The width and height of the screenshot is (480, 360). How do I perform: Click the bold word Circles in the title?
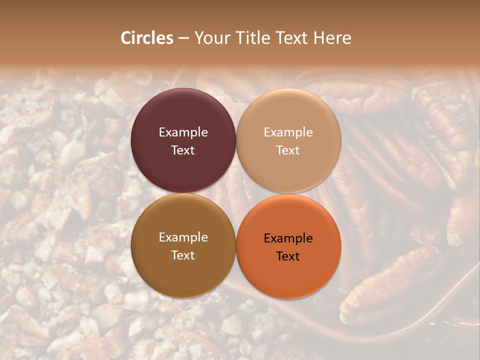[147, 38]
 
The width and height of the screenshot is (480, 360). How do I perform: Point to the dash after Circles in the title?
[183, 38]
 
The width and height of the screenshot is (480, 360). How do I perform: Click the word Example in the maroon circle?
[183, 132]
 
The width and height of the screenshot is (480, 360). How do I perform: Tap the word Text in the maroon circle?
[183, 150]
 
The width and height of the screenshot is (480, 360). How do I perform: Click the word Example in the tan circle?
[288, 132]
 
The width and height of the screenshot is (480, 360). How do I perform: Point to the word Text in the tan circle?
[288, 150]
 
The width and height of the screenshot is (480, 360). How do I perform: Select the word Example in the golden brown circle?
[183, 237]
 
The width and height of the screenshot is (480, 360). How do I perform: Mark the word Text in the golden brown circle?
[183, 255]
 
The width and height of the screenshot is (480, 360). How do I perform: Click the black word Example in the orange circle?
[288, 238]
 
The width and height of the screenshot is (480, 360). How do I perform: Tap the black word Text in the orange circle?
[288, 256]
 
